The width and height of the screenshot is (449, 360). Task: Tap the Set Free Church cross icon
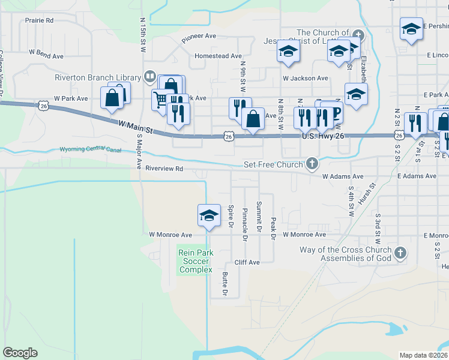click(x=312, y=163)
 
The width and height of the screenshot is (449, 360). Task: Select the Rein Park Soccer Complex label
click(x=196, y=262)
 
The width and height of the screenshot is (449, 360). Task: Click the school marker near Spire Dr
click(x=208, y=215)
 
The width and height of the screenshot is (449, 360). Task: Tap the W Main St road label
click(x=136, y=127)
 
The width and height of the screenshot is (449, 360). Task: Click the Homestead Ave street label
click(x=218, y=56)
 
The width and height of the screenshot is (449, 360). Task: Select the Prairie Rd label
click(x=39, y=20)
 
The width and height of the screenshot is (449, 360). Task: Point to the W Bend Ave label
click(x=45, y=56)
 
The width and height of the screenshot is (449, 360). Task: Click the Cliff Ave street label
click(x=247, y=262)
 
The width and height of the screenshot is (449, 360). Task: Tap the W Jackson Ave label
click(x=306, y=78)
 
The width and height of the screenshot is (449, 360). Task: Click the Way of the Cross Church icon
click(x=400, y=252)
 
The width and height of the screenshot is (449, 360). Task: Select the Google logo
click(x=20, y=353)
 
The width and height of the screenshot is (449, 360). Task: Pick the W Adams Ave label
click(x=343, y=176)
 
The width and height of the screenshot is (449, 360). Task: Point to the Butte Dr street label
click(x=224, y=284)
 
